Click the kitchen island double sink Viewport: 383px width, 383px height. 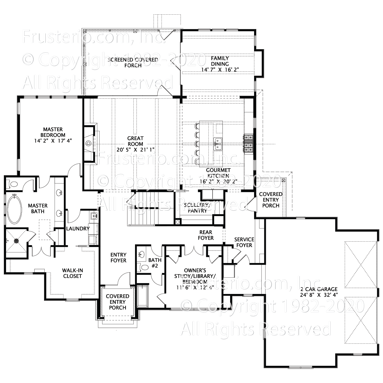[x=218, y=144]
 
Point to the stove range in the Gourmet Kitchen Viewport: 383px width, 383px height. [x=249, y=143]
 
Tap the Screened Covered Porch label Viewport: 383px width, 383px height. [x=133, y=63]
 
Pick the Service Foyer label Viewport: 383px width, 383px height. [x=244, y=242]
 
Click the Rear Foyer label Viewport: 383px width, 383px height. [x=206, y=235]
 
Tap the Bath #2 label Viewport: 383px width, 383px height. [x=155, y=263]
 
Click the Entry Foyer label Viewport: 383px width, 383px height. [x=118, y=258]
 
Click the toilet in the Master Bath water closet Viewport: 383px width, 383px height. [x=13, y=184]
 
